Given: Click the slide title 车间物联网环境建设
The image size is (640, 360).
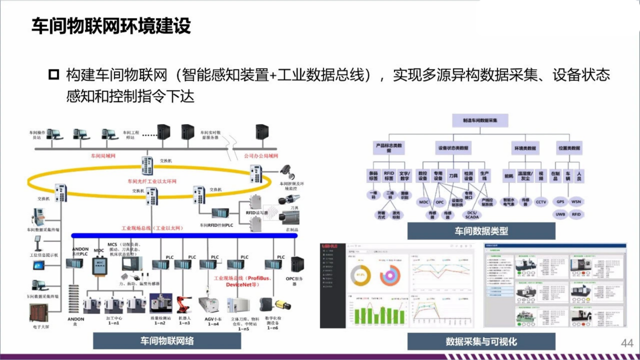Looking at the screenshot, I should point(111,26).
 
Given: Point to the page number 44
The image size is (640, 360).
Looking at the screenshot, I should point(627,343).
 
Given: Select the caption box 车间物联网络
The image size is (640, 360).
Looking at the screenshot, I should point(166,341).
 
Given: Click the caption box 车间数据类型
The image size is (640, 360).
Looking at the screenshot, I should point(481,231).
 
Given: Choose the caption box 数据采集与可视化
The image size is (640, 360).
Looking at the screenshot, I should point(481,342).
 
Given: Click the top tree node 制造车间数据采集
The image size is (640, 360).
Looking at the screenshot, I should point(480,120).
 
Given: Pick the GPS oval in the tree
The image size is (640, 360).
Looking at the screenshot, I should point(560,202).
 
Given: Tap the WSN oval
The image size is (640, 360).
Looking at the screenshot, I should point(576,202).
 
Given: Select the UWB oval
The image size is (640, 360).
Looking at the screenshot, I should point(560,214).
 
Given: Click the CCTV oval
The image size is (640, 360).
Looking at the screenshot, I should point(541,202).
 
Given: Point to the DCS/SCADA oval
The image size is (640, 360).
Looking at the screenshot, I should point(471,214).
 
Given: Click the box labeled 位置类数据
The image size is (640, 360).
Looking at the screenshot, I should point(569,148).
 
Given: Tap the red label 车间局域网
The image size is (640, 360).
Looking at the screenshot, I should point(103,156).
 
